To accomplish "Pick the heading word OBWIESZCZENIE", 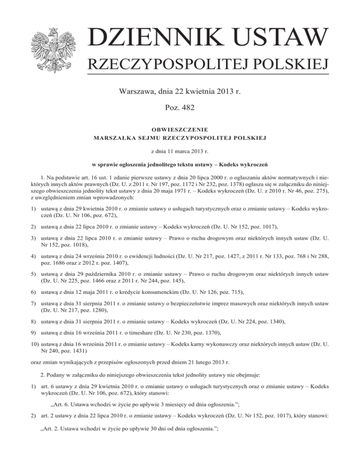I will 180,129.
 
